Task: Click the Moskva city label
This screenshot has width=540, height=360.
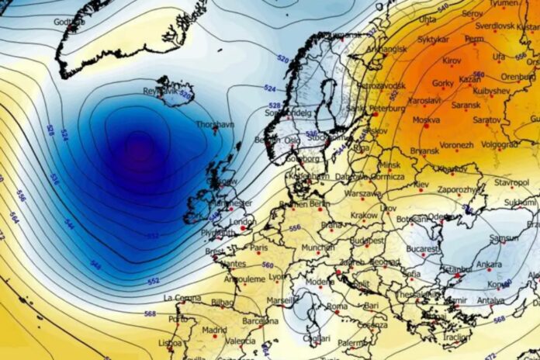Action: [x=426, y=120]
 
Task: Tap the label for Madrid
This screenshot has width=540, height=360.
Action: [x=214, y=329]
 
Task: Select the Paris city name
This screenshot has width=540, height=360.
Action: [x=258, y=247]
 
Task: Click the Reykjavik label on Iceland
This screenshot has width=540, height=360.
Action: [x=161, y=91]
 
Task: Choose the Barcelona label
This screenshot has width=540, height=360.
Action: [x=259, y=320]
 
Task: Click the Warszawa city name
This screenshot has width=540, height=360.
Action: [x=363, y=193]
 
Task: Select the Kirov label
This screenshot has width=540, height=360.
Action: [x=452, y=60]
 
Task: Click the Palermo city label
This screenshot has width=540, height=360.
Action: [x=353, y=342]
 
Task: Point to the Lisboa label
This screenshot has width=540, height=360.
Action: [x=170, y=342]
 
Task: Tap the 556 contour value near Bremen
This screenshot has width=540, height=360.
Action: [x=294, y=228]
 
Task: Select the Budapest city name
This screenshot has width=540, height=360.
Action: [x=367, y=241]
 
